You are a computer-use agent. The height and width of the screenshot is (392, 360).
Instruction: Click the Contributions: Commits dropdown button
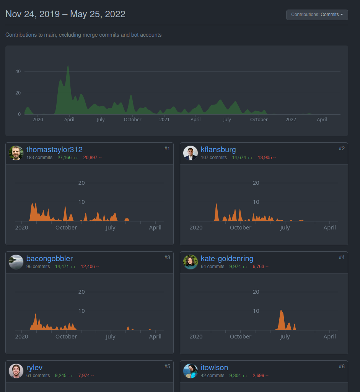(x=317, y=15)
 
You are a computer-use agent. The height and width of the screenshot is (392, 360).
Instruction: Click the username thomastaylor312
(x=54, y=150)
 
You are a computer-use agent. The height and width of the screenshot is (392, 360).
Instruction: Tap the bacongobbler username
(x=49, y=259)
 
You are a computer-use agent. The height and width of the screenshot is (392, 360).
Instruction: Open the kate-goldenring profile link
(x=227, y=259)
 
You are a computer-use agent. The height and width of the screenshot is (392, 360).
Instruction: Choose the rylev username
(x=34, y=368)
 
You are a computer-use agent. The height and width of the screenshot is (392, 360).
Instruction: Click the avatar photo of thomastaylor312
(x=16, y=153)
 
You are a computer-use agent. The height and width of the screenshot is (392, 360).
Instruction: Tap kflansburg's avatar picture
(x=191, y=153)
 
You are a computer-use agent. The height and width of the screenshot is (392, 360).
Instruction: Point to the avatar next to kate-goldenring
(x=191, y=262)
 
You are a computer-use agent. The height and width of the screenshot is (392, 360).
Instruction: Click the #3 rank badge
(x=167, y=257)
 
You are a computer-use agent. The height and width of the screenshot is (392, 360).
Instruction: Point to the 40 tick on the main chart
(x=18, y=72)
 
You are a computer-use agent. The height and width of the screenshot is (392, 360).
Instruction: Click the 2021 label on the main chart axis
(x=164, y=120)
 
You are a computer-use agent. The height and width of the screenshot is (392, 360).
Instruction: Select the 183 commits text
(x=39, y=158)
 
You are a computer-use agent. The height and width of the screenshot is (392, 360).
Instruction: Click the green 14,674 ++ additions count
(x=242, y=158)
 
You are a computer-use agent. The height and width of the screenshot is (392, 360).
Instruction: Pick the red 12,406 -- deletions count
(x=90, y=267)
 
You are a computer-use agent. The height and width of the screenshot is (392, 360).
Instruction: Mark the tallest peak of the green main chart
(x=68, y=66)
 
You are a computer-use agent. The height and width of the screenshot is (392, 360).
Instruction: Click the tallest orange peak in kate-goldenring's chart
(x=281, y=310)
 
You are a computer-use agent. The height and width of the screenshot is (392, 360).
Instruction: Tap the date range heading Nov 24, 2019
(x=33, y=14)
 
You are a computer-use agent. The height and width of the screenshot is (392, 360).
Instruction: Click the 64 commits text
(x=212, y=267)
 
